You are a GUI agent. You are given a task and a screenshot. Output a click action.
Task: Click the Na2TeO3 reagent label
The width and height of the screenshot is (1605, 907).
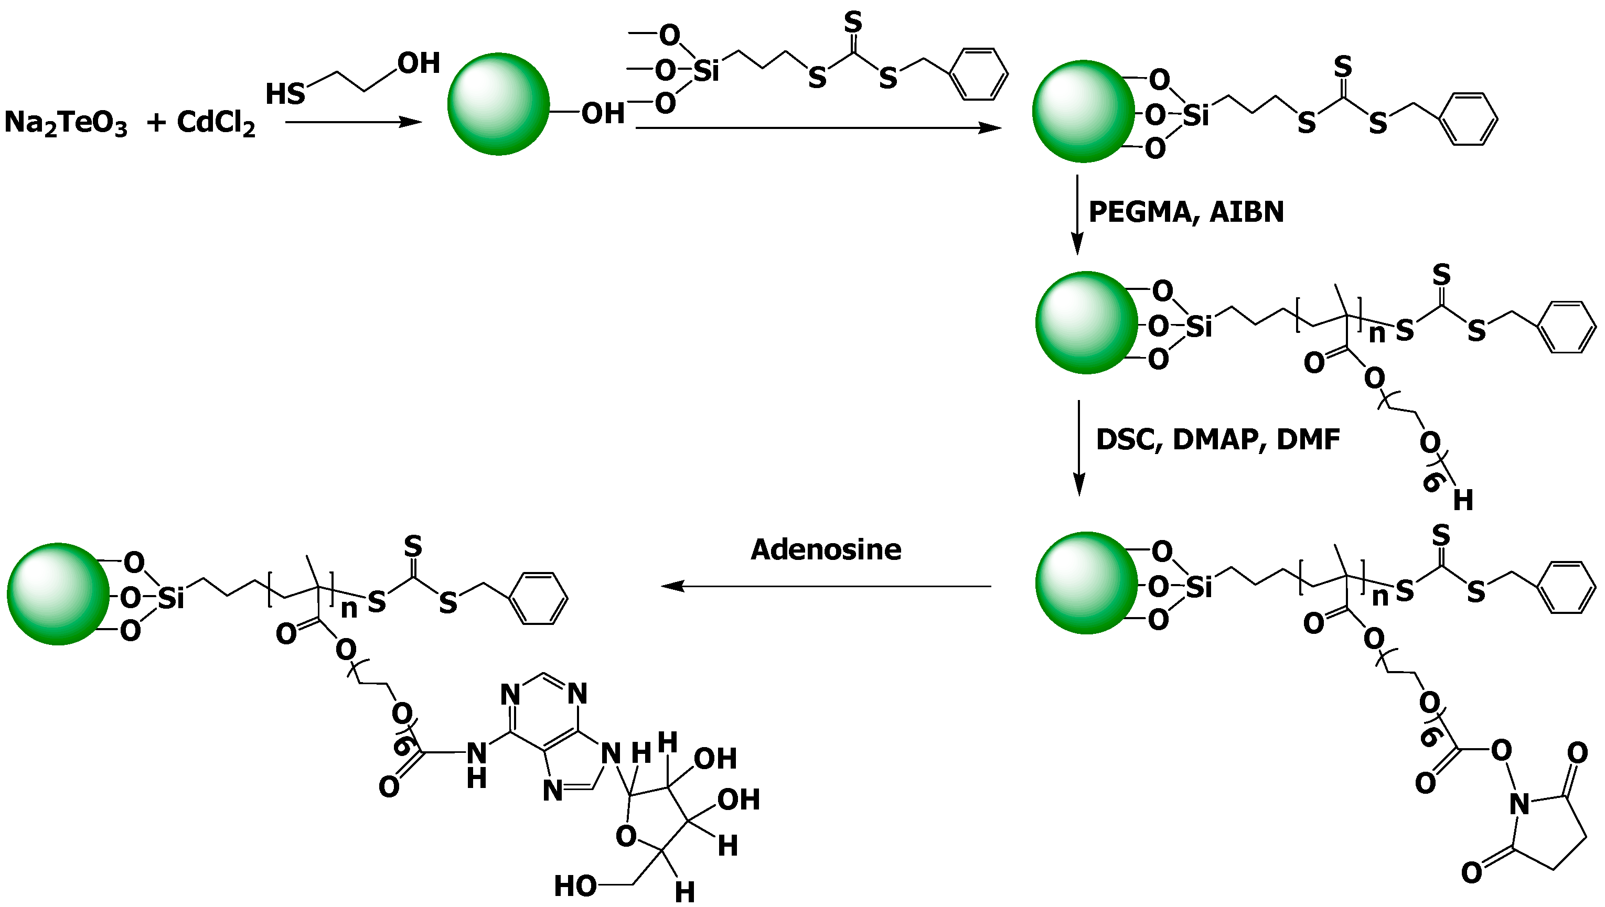(66, 123)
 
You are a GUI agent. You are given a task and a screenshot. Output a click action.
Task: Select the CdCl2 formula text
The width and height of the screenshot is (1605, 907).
(216, 123)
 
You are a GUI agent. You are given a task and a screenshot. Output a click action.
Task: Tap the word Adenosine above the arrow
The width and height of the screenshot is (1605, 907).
(826, 549)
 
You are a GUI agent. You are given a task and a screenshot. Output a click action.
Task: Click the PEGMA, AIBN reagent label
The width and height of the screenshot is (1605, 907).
(1186, 212)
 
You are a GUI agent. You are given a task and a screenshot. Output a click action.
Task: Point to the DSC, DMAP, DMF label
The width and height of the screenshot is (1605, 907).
(1217, 440)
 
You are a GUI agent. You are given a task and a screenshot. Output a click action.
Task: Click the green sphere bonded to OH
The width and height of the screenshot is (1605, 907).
(498, 104)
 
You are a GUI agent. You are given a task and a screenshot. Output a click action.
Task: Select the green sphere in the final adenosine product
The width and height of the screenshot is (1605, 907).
(58, 593)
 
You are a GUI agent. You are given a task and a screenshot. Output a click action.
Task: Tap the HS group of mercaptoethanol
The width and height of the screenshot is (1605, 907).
(285, 94)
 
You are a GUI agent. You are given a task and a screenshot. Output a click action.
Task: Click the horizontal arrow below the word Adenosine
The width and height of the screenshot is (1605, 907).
(826, 586)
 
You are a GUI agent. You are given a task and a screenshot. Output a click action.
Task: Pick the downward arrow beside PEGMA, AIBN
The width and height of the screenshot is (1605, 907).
(1077, 215)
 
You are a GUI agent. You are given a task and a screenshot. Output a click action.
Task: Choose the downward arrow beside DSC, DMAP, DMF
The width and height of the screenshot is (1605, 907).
(1079, 448)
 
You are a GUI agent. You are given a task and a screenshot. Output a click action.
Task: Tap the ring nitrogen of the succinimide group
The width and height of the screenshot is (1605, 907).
(1519, 804)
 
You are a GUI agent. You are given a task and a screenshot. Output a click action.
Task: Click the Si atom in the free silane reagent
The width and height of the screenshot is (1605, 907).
(706, 70)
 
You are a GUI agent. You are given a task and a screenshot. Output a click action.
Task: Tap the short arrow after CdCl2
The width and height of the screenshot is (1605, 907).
(354, 122)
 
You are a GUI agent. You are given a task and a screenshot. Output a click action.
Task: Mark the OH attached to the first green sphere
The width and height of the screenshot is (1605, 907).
(603, 113)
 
